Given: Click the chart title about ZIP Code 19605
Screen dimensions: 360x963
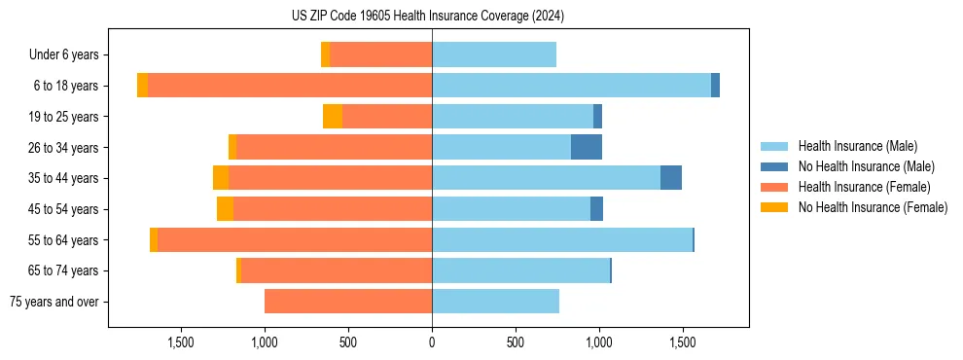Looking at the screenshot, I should coord(428,17).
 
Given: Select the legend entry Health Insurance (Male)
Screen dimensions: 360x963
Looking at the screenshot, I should coord(857,146).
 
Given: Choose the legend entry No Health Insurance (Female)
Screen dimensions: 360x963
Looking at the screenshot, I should coord(873,207).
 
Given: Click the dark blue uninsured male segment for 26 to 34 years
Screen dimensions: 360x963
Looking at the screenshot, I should coord(587,147).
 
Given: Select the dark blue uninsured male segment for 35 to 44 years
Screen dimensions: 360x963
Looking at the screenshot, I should coord(671,178).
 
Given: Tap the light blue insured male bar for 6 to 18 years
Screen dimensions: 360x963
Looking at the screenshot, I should coord(571,86).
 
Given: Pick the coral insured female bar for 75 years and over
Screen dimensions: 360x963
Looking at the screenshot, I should coord(348,302).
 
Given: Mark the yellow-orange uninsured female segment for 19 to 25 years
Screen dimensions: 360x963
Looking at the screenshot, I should coord(333,117).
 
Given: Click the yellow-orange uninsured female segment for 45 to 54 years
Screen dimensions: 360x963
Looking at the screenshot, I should coord(225,209).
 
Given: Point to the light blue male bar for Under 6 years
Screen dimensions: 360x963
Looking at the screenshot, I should coord(494,55).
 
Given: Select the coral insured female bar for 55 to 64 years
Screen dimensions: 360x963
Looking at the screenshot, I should coord(295,240).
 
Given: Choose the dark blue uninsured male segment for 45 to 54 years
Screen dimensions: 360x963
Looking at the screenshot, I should coord(596,209).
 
